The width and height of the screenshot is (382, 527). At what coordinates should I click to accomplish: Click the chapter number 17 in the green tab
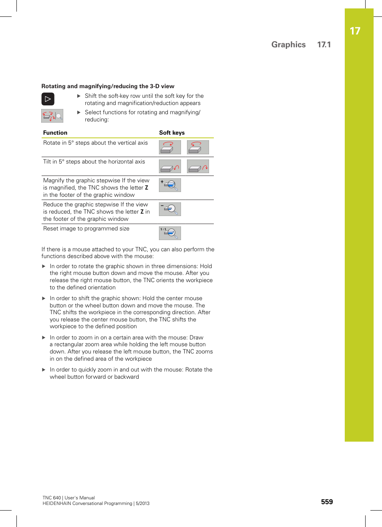tap(355, 31)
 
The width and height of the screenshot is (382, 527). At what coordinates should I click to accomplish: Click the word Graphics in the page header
tap(288, 44)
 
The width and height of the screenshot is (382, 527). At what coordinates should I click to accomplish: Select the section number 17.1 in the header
tap(324, 44)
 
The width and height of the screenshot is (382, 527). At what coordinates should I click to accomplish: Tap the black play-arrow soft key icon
tap(48, 99)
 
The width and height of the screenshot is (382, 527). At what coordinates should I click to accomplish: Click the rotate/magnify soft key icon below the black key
tap(52, 116)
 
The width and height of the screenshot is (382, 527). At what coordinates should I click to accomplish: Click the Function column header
tap(55, 133)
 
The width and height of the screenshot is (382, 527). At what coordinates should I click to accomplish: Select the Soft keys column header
tap(172, 133)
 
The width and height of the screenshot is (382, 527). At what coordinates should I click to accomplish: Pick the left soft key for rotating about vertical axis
tap(170, 147)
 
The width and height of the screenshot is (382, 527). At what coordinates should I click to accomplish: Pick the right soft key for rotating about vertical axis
tap(198, 147)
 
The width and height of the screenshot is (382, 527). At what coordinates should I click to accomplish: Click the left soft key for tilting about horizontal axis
tap(170, 166)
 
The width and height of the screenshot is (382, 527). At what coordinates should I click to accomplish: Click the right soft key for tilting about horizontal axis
tap(198, 166)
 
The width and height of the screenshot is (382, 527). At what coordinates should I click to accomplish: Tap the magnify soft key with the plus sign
tap(170, 185)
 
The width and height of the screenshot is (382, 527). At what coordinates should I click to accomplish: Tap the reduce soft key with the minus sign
tap(170, 209)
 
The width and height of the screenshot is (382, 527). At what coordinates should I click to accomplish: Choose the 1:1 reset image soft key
tap(170, 233)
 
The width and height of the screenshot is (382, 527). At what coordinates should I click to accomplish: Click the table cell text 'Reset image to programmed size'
tap(86, 228)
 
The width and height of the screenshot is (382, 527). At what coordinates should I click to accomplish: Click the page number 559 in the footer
tap(327, 502)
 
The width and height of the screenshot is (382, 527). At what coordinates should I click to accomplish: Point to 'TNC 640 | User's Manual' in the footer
tap(68, 498)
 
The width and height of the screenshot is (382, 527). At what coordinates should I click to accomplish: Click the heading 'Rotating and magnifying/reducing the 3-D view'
tap(108, 86)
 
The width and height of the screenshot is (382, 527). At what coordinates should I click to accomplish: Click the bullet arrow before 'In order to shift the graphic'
tap(44, 298)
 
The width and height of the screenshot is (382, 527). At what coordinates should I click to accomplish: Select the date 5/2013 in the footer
tap(142, 503)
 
